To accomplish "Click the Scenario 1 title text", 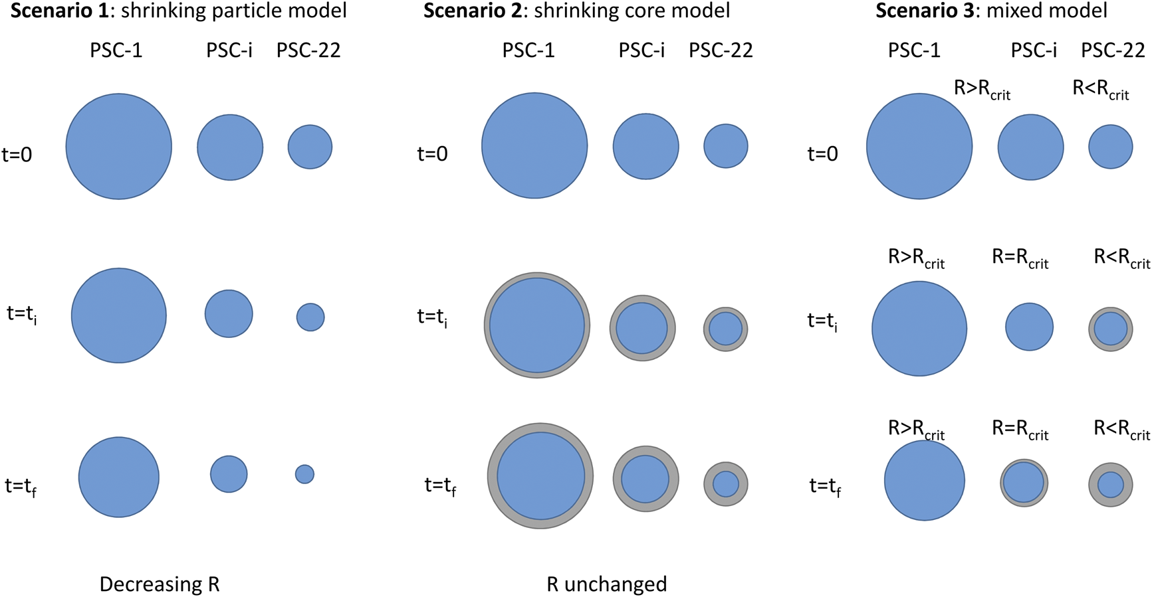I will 178,11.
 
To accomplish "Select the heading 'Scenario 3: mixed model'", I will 991,11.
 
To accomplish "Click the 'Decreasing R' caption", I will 160,584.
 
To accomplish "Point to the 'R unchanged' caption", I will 606,584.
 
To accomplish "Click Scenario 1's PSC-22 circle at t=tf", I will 304,474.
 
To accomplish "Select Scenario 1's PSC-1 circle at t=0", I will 118,146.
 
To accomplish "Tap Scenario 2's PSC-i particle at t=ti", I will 642,328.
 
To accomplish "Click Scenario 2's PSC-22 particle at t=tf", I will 725,484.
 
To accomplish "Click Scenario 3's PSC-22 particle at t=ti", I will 1110,329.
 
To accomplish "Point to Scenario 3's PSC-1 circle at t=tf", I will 924,480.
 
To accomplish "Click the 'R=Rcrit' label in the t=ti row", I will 1020,258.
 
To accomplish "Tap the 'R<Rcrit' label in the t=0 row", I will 1101,89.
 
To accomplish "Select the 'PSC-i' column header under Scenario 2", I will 641,50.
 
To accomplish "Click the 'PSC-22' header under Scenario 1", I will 308,50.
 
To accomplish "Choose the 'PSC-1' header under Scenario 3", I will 914,50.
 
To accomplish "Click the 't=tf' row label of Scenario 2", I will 440,486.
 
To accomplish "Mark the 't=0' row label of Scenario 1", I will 17,155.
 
